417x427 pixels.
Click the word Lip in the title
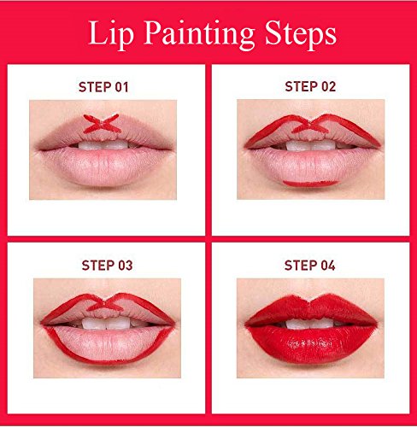(x=111, y=34)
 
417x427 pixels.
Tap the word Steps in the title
(x=301, y=34)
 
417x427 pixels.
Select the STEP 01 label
(x=103, y=87)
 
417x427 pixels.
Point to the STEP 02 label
(x=310, y=86)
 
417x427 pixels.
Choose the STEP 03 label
(x=107, y=266)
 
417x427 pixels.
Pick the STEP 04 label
(x=309, y=266)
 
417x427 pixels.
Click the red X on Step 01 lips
(x=102, y=124)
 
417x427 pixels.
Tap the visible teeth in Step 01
(x=103, y=145)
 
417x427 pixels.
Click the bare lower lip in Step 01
(x=103, y=168)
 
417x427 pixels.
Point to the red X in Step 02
(x=309, y=126)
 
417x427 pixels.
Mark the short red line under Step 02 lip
(x=310, y=184)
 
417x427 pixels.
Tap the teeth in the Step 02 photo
(x=310, y=145)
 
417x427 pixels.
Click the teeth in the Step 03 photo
(x=106, y=323)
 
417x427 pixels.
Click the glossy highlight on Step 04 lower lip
(x=310, y=344)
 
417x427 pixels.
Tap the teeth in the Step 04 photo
(x=309, y=324)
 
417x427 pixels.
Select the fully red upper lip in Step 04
(x=311, y=310)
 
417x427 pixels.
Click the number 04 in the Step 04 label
(x=328, y=266)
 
